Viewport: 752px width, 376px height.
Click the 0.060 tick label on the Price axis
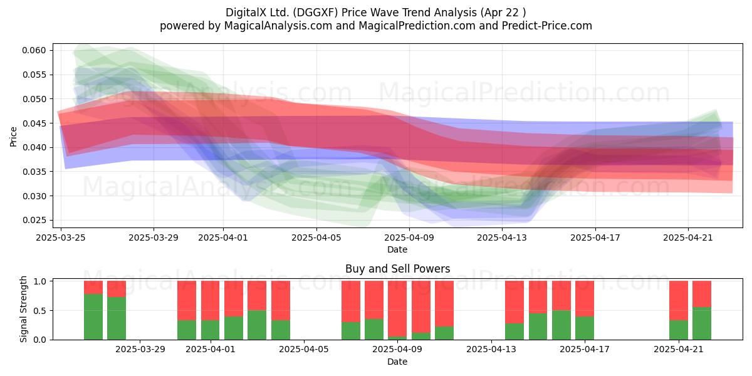(x=34, y=50)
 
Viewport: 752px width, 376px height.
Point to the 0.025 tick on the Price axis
(x=34, y=220)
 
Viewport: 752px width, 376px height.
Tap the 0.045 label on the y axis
(x=34, y=123)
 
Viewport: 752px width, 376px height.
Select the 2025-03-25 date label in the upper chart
(x=61, y=238)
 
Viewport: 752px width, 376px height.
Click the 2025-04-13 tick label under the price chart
(x=502, y=238)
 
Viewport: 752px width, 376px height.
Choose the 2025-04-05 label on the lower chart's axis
(x=304, y=349)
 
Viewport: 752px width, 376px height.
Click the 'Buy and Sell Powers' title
(x=397, y=269)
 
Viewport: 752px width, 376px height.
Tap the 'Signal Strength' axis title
(x=23, y=309)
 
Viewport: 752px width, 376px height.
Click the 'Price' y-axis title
(x=13, y=137)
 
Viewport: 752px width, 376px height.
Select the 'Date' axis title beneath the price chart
(x=397, y=249)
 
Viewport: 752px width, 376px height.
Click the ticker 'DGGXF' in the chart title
(x=315, y=13)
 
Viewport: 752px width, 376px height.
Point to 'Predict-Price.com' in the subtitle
(x=547, y=26)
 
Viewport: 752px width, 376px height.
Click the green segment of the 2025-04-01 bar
(x=210, y=330)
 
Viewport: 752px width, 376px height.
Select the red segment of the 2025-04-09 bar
(x=397, y=309)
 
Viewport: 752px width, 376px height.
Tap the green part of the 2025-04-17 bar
(x=585, y=328)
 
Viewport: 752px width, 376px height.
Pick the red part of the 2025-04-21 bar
(x=679, y=301)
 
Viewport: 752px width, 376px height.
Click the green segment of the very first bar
(x=93, y=317)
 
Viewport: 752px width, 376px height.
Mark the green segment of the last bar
(x=702, y=323)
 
